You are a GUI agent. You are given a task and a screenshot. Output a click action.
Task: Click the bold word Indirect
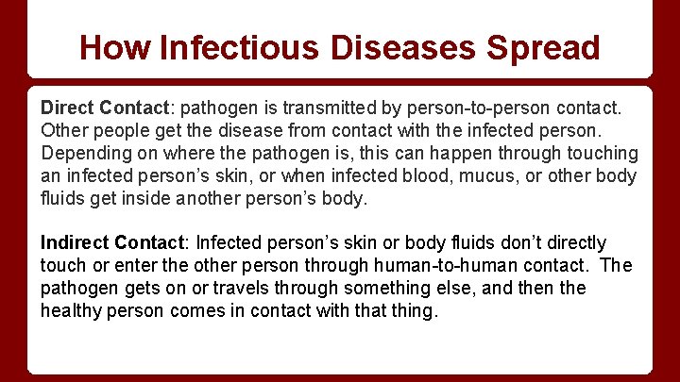click(x=76, y=243)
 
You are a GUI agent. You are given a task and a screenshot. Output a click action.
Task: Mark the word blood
click(x=386, y=176)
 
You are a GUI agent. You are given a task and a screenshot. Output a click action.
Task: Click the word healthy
click(x=74, y=311)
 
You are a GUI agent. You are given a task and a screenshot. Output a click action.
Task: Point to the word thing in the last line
click(x=416, y=311)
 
